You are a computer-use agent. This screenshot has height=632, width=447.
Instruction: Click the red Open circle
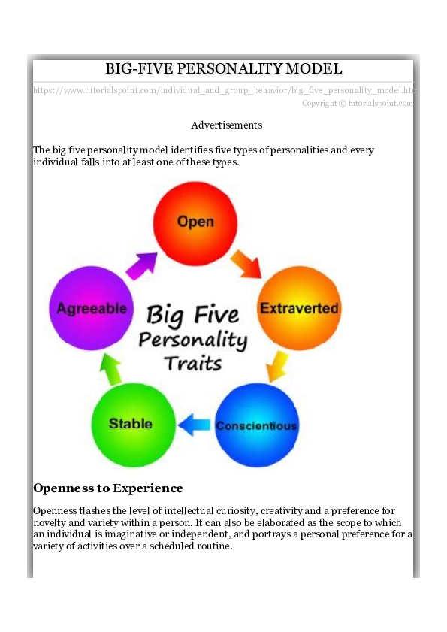coord(195,222)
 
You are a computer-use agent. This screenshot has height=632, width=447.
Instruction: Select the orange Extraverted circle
coord(299,308)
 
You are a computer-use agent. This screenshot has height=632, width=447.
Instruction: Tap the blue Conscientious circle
coord(256,425)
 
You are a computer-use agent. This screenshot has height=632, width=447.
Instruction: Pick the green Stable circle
coord(131,424)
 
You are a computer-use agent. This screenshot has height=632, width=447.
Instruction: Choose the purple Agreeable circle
coord(92,308)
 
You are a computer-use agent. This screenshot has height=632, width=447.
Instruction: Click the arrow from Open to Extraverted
coord(245,262)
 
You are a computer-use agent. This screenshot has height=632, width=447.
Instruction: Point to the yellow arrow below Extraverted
coord(276,365)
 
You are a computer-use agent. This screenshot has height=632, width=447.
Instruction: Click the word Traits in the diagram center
coord(193,364)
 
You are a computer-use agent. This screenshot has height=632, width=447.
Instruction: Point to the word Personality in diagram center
coord(193,340)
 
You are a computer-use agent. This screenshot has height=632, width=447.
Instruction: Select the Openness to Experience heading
coord(107,488)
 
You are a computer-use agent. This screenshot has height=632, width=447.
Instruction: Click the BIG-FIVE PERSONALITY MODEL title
coord(223,68)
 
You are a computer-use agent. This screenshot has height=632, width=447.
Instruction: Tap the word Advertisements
coord(226,125)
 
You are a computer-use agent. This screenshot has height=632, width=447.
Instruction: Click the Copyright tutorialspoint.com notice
coord(358,104)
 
